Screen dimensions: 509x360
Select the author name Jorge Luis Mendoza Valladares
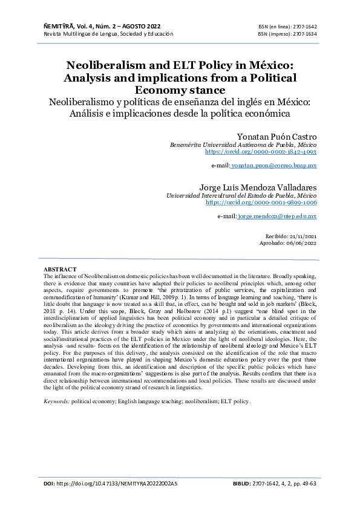point(258,187)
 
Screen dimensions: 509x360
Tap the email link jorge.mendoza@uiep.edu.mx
point(277,216)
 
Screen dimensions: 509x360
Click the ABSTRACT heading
point(60,268)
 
